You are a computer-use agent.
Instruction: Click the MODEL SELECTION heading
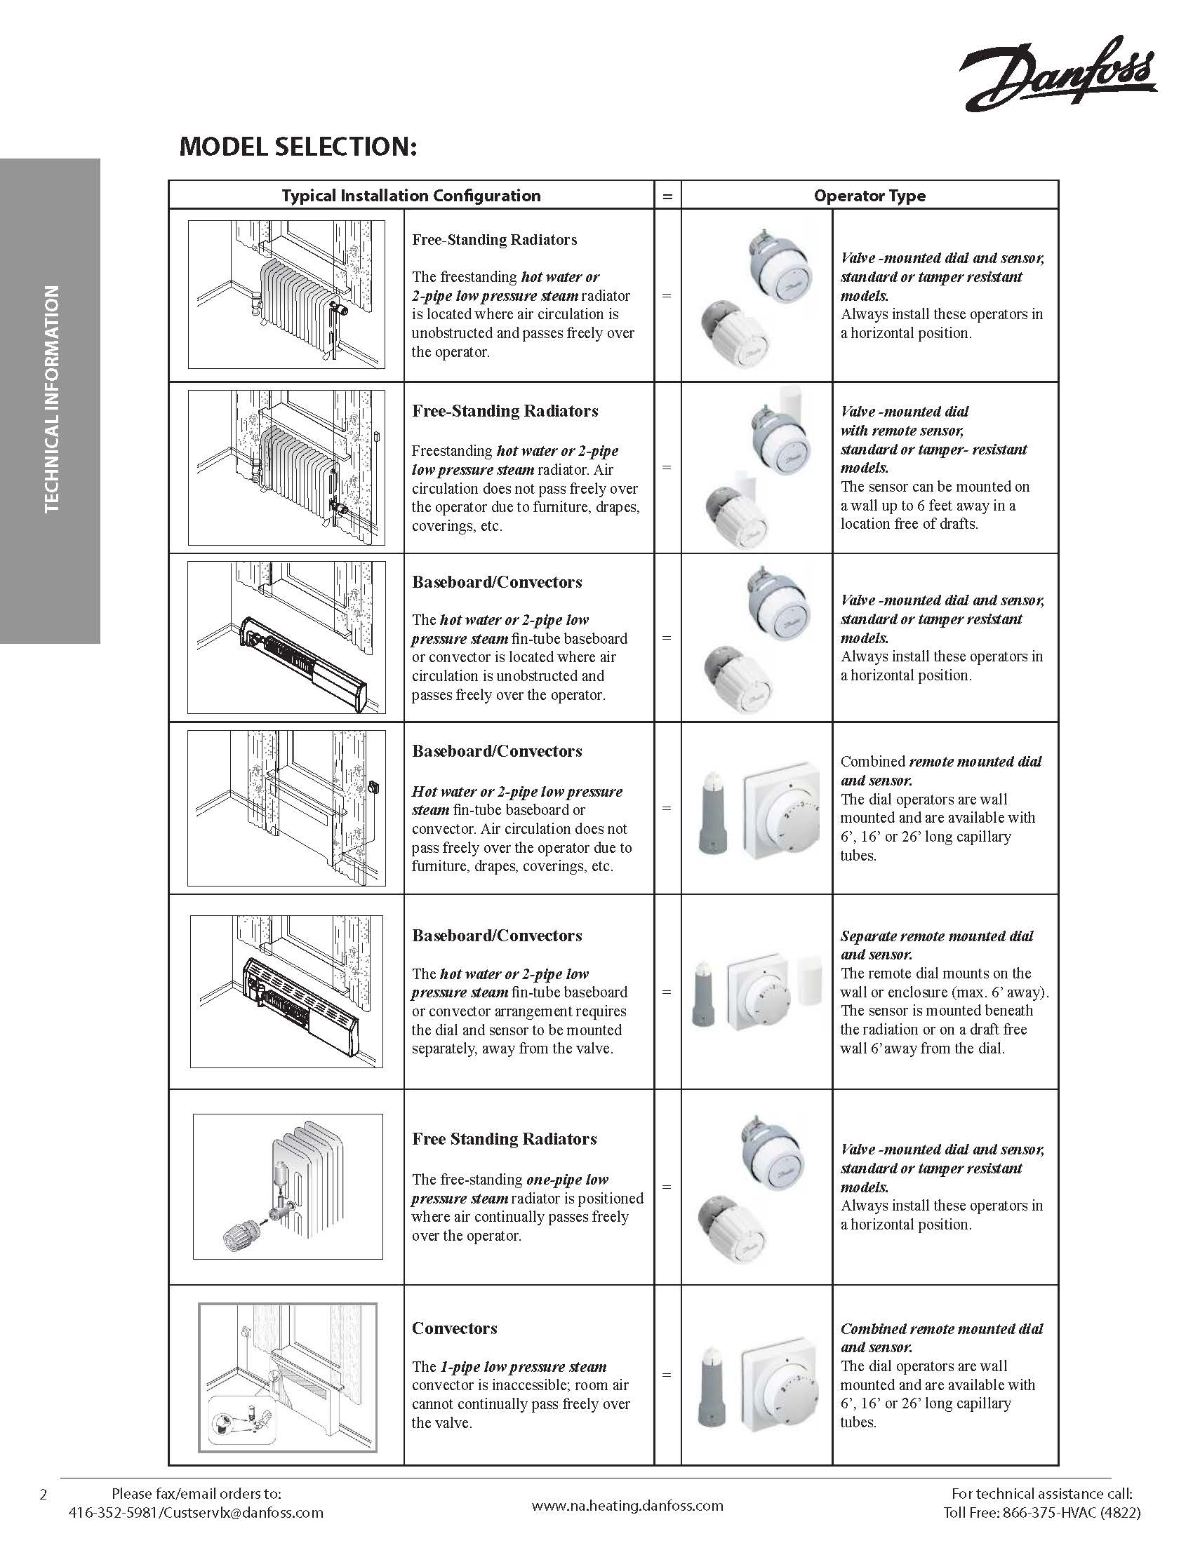pyautogui.click(x=298, y=147)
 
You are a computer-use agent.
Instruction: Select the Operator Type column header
pyautogui.click(x=869, y=196)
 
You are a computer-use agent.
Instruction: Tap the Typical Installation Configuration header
pyautogui.click(x=411, y=196)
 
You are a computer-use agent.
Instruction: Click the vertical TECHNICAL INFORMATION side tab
pyautogui.click(x=51, y=399)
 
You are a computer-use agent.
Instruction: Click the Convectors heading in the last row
pyautogui.click(x=455, y=1328)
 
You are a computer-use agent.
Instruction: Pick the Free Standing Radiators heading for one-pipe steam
pyautogui.click(x=505, y=1139)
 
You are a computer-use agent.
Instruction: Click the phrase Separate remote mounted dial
pyautogui.click(x=936, y=936)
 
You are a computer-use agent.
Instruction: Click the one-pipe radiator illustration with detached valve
pyautogui.click(x=288, y=1187)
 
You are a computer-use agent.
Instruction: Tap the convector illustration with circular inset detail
pyautogui.click(x=288, y=1377)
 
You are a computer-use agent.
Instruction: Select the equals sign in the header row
pyautogui.click(x=667, y=196)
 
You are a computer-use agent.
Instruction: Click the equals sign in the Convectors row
pyautogui.click(x=667, y=1375)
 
